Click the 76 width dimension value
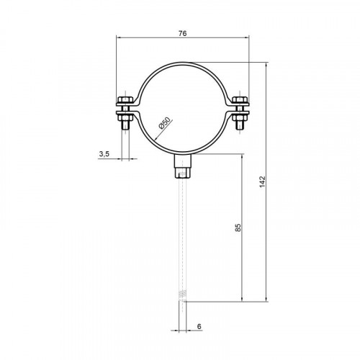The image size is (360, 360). (182, 34)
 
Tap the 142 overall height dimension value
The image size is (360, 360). (263, 181)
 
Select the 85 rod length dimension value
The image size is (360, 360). (238, 228)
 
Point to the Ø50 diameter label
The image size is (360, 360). (166, 123)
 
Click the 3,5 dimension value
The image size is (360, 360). (104, 154)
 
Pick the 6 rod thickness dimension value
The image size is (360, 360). (199, 326)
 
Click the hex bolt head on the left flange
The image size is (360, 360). (125, 99)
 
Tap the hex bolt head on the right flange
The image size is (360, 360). (240, 99)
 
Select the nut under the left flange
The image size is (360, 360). (125, 118)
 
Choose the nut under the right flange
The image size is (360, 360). (240, 118)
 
